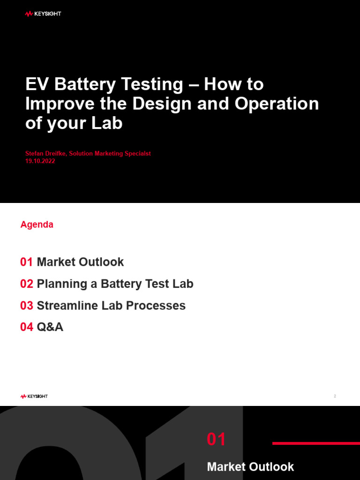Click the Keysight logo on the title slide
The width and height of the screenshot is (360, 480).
(x=43, y=14)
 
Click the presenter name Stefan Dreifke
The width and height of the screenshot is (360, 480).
(x=46, y=154)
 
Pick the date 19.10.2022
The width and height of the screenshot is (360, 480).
(x=40, y=161)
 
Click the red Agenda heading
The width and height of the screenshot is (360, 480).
(x=37, y=225)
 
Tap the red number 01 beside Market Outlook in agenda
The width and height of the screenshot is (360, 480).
(x=26, y=262)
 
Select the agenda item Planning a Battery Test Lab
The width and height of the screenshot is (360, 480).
(x=115, y=284)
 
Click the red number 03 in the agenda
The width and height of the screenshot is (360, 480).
(x=27, y=306)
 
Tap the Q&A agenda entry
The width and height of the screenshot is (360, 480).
(x=50, y=327)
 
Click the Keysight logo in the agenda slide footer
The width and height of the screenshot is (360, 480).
(x=34, y=397)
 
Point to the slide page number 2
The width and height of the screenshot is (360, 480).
(x=335, y=397)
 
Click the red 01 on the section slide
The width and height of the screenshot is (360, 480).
(x=217, y=440)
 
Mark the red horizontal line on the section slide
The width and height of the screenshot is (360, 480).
(x=316, y=443)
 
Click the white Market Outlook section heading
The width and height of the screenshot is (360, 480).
(x=250, y=467)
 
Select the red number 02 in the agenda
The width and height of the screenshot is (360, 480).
(x=27, y=284)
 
